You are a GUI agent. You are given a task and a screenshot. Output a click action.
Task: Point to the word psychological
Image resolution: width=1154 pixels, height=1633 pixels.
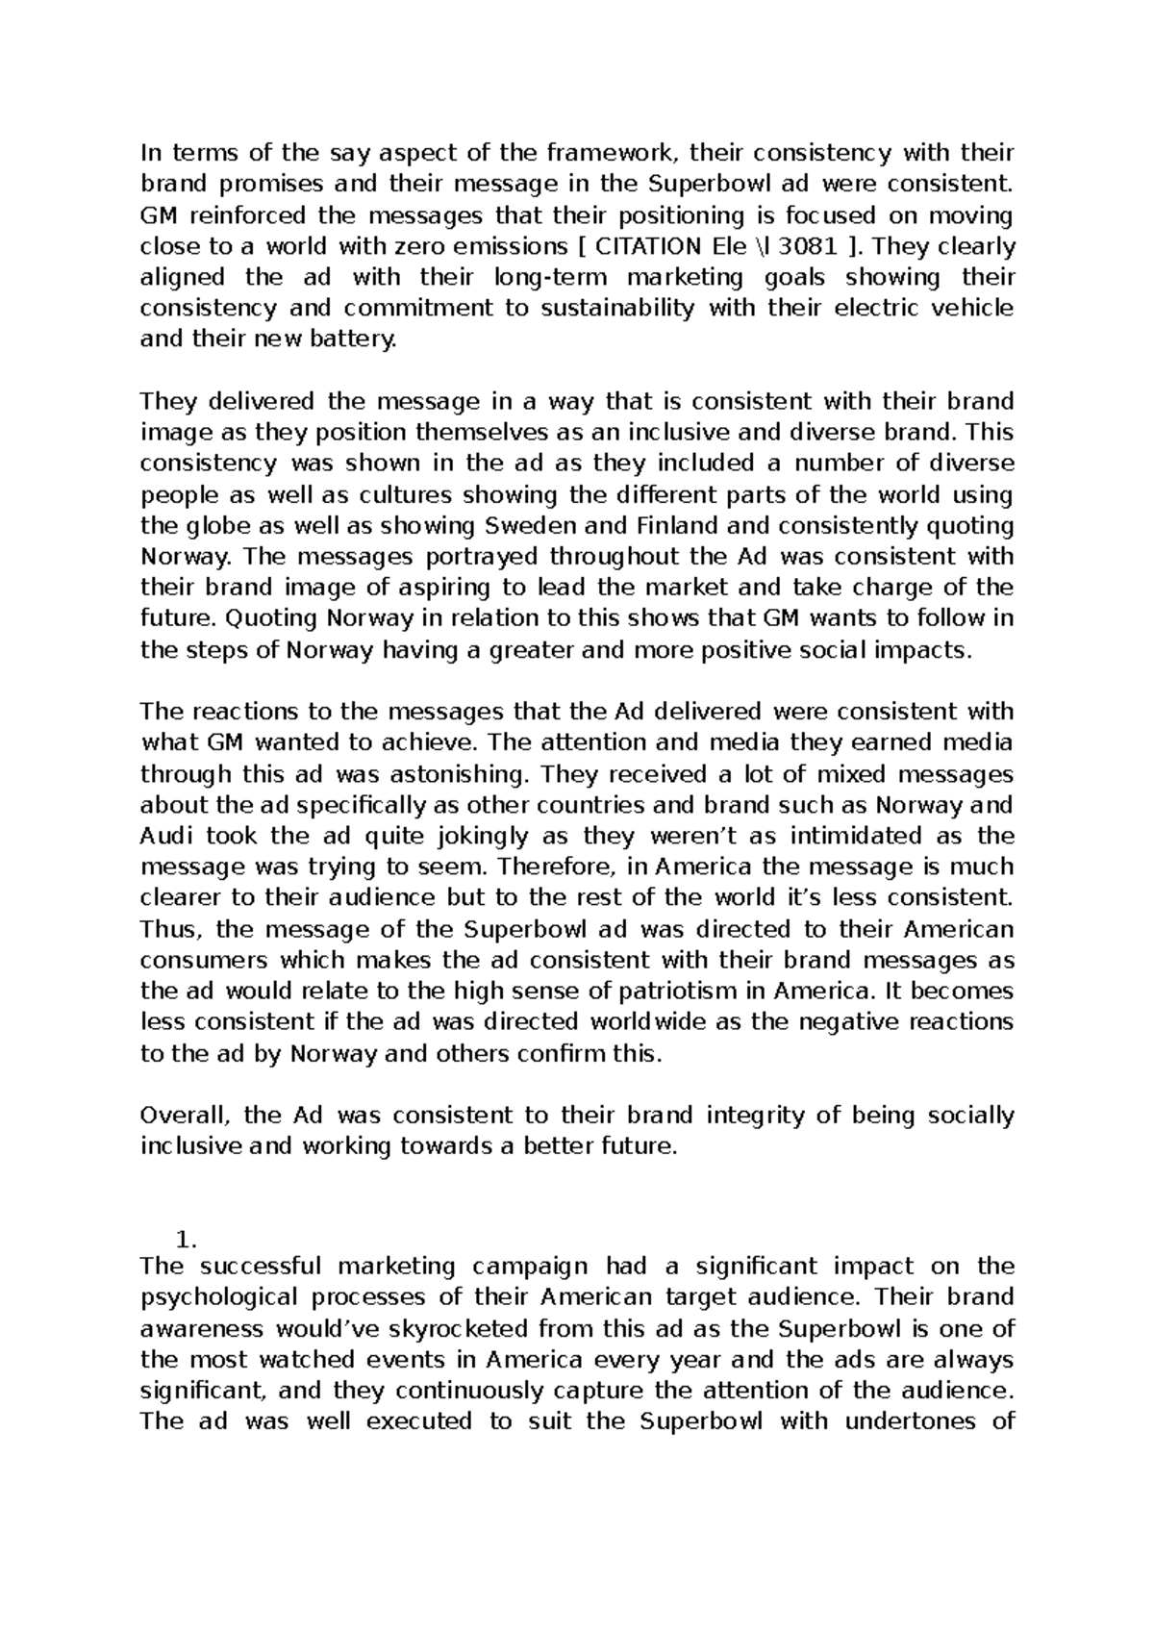tap(227, 1296)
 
